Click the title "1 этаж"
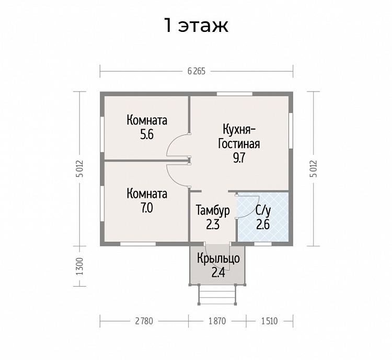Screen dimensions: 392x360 196,26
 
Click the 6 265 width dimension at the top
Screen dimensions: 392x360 196,71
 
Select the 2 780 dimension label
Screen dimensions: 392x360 144,321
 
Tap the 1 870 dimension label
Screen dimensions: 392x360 217,321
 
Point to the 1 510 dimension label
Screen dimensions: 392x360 270,321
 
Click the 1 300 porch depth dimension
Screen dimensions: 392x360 79,266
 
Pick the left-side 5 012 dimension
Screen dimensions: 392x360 79,168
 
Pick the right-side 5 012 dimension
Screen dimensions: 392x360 314,168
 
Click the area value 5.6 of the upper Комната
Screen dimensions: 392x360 147,135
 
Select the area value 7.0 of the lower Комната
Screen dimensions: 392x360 147,208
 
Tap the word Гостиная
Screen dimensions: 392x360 239,144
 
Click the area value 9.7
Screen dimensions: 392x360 239,158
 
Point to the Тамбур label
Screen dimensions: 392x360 213,210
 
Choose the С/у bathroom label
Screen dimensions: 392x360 263,211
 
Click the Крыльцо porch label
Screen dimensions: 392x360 218,258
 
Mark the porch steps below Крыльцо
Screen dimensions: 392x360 217,295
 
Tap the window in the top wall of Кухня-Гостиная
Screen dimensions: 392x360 235,94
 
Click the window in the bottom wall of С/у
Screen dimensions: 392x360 263,244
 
